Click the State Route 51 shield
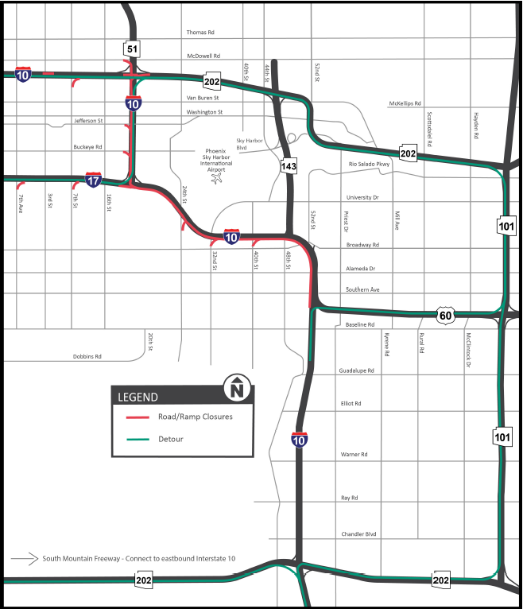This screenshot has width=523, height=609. pyautogui.click(x=132, y=49)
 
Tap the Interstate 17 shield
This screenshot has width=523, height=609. pyautogui.click(x=94, y=180)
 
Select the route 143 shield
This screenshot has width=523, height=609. pyautogui.click(x=289, y=166)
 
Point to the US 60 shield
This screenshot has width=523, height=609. pyautogui.click(x=447, y=316)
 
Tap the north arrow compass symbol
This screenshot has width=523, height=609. pyautogui.click(x=237, y=388)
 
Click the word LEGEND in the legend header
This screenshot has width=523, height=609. pyautogui.click(x=138, y=397)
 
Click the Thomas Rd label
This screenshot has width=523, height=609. pyautogui.click(x=201, y=33)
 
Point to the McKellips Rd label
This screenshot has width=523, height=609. pyautogui.click(x=405, y=103)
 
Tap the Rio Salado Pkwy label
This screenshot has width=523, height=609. pyautogui.click(x=370, y=165)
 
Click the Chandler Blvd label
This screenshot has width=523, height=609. pyautogui.click(x=358, y=533)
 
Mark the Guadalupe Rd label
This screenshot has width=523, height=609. pyautogui.click(x=356, y=370)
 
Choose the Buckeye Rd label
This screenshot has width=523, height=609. pyautogui.click(x=88, y=146)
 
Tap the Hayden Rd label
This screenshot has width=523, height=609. pyautogui.click(x=476, y=125)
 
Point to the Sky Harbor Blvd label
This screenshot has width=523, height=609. pyautogui.click(x=243, y=143)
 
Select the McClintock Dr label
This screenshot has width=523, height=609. pyautogui.click(x=469, y=351)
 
